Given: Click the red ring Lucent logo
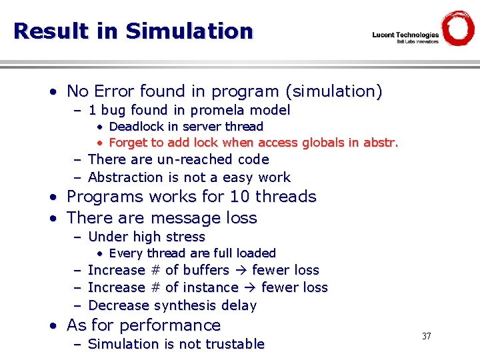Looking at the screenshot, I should coord(458,29).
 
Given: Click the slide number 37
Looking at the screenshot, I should coord(427,336).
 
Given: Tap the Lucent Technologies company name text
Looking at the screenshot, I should coord(405,35).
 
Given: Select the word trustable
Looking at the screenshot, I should coord(232,344).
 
